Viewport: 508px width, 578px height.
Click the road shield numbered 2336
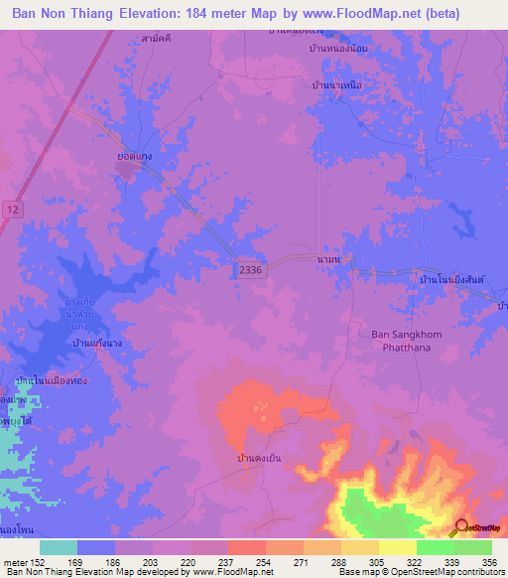(250, 270)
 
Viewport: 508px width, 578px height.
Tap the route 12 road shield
(11, 209)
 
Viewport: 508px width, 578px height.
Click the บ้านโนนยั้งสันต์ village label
(451, 281)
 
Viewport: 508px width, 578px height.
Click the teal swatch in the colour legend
(59, 547)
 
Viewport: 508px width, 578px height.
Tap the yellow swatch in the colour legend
(398, 547)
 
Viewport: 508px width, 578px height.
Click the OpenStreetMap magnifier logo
(461, 526)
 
